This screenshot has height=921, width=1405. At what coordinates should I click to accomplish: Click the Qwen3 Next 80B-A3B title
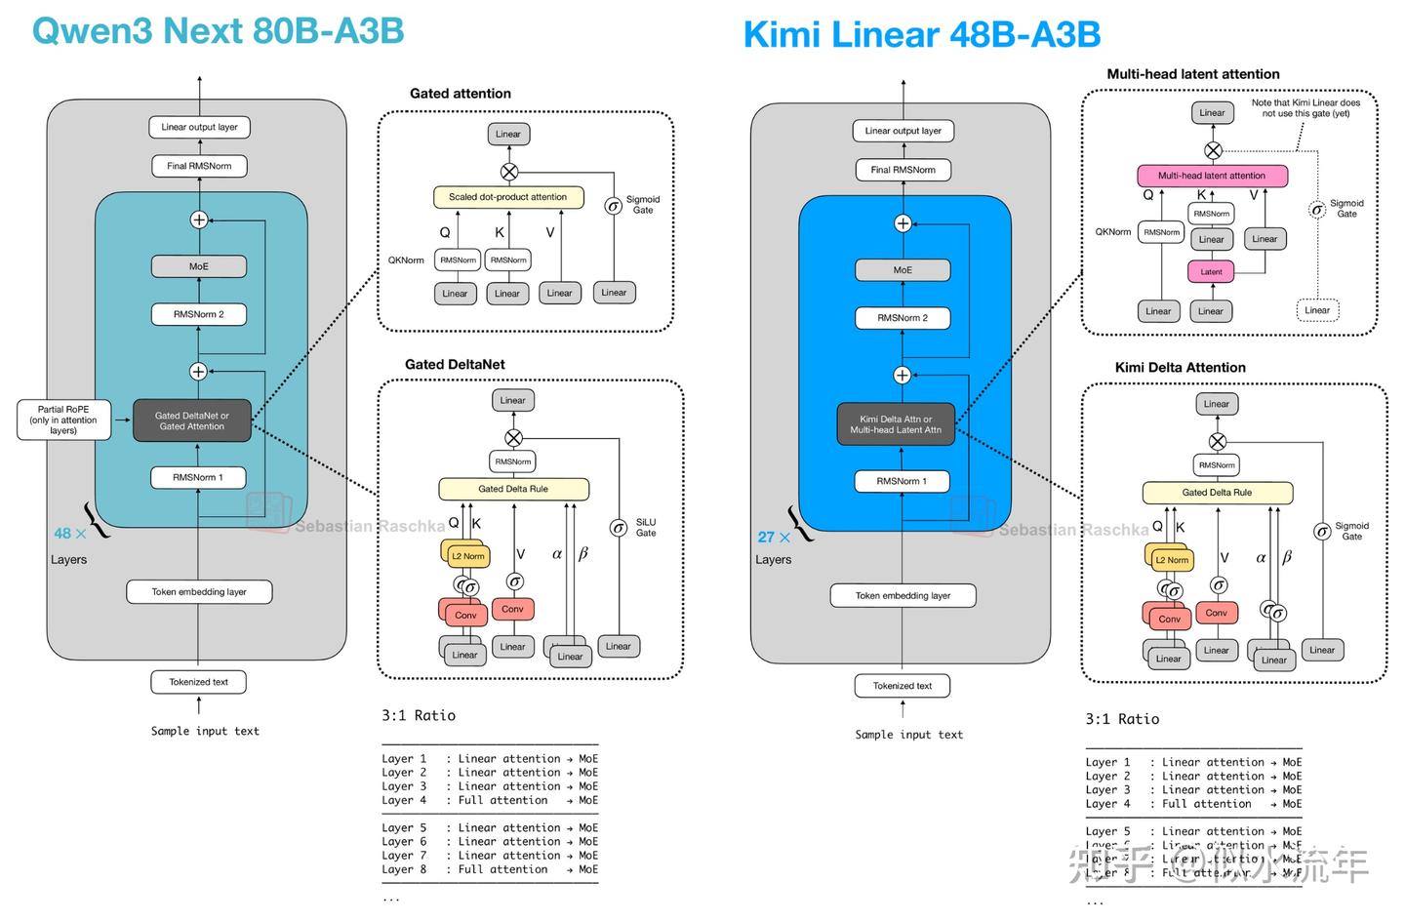pos(218,31)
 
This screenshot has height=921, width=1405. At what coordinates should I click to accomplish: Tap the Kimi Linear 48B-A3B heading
pos(921,35)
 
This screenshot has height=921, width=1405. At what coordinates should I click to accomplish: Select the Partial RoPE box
pos(63,420)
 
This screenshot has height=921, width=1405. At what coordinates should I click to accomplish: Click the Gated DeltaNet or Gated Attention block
pos(192,420)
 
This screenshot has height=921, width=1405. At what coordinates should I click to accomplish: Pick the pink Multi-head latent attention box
pos(1212,176)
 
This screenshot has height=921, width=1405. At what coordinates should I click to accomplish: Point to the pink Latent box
pos(1211,272)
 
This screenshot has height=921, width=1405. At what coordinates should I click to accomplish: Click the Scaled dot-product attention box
pos(507,197)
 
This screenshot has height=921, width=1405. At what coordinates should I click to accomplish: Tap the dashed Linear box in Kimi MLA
pos(1317,310)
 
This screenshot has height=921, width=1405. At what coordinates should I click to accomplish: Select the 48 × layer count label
pos(70,534)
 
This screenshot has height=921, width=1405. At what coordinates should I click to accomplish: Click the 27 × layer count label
pos(774,538)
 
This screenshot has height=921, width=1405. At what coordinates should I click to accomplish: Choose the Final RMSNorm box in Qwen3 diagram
pos(199,166)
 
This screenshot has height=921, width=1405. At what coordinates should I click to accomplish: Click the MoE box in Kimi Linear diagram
pos(903,270)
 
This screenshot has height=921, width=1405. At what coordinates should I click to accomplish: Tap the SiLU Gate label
pos(646,528)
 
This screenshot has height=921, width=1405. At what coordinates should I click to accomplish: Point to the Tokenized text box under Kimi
pos(903,686)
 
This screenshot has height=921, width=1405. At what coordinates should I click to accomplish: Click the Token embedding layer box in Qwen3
pos(199,592)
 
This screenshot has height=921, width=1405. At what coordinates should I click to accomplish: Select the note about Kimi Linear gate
pos(1305,107)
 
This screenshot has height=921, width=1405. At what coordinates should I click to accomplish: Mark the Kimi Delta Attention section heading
pos(1180,368)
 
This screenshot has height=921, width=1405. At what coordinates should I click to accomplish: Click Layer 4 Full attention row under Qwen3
pos(489,800)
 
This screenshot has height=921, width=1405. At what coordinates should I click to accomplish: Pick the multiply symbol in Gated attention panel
pos(508,172)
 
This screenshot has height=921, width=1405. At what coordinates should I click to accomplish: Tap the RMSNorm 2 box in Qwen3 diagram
pos(199,314)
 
